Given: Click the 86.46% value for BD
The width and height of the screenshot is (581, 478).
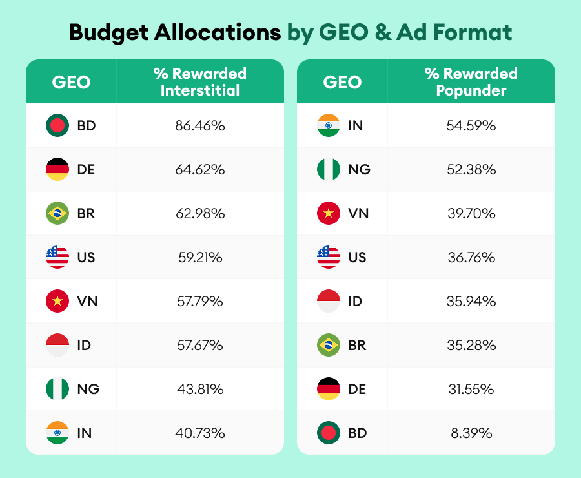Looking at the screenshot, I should (x=199, y=126).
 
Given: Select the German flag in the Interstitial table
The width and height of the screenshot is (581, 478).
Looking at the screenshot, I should (x=57, y=170).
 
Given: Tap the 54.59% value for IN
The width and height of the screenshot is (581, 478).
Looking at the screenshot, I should (x=471, y=126).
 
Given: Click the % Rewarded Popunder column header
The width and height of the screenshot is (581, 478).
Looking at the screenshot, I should (x=471, y=82).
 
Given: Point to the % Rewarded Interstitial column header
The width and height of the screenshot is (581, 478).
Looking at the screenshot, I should (x=199, y=82).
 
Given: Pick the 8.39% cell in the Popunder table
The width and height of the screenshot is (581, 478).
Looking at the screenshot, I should (x=471, y=433).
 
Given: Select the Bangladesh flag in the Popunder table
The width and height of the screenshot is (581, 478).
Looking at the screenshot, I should (x=329, y=433).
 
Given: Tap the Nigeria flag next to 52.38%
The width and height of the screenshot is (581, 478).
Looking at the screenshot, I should (x=329, y=170).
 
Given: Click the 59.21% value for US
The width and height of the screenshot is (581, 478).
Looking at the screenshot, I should (x=199, y=258).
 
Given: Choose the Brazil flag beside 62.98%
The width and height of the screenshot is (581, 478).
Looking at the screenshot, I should (x=57, y=214).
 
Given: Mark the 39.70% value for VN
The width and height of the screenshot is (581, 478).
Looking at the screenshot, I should (x=471, y=214).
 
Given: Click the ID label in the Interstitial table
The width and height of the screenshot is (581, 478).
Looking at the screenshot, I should (x=84, y=346).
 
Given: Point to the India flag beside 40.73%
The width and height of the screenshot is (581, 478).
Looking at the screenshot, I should (x=57, y=433).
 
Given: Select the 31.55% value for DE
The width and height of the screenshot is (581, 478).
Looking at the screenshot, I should (x=471, y=390).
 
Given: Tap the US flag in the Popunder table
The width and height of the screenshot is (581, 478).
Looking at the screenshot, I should (x=329, y=258).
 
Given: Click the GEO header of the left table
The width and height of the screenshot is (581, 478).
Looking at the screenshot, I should (x=71, y=82).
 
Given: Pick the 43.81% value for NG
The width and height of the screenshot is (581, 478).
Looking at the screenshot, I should (x=199, y=390).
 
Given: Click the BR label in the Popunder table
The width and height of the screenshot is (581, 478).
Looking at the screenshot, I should (x=357, y=346).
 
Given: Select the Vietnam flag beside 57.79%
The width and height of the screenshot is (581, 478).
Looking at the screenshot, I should (x=57, y=302).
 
